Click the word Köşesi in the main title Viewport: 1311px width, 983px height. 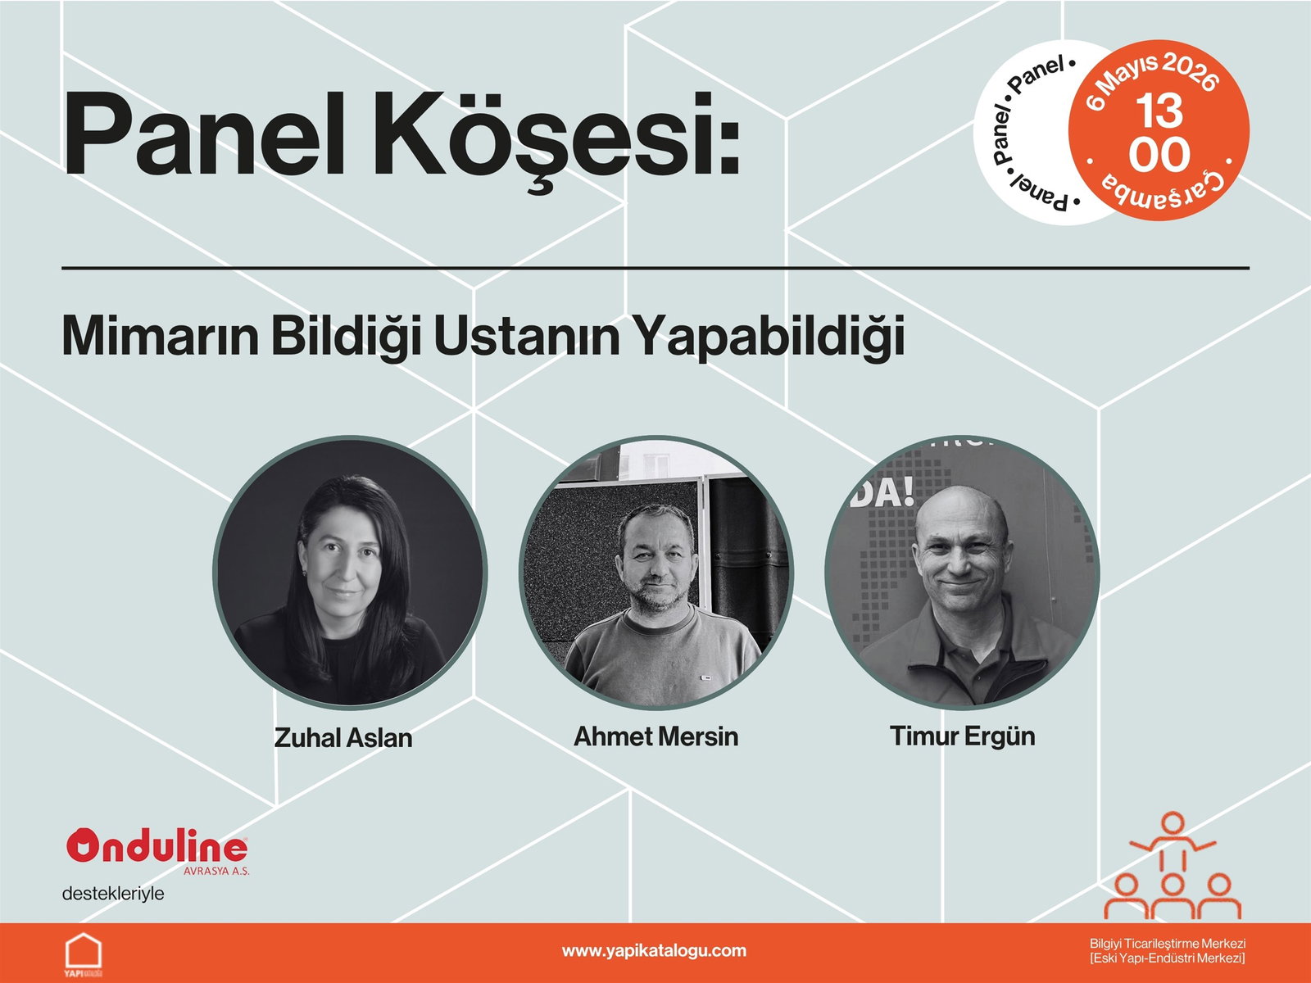tap(558, 139)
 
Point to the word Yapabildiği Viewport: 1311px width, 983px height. tap(768, 337)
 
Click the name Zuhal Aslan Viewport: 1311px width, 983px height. tap(342, 738)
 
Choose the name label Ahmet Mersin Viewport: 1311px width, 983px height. tap(655, 736)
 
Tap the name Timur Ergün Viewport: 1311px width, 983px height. tap(962, 736)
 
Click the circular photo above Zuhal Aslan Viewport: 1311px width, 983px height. tap(350, 572)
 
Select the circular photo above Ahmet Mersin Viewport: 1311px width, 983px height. tap(655, 572)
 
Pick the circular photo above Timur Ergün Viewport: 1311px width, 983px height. tap(962, 572)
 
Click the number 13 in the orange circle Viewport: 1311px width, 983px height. tap(1159, 111)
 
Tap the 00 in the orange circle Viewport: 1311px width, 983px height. tap(1159, 155)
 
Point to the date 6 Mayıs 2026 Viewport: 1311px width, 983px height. tap(1153, 74)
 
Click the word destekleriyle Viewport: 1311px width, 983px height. tap(113, 894)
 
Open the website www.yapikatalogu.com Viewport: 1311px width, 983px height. tap(654, 950)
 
